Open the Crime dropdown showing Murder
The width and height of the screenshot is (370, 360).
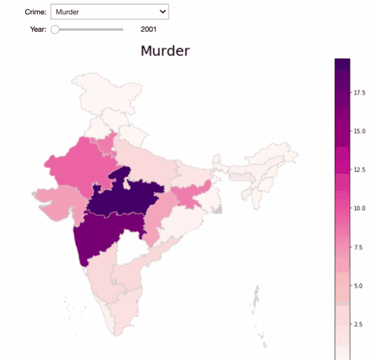coord(109,12)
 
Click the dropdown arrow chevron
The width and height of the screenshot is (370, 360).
coord(162,12)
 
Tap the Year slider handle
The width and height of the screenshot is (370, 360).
coord(55,30)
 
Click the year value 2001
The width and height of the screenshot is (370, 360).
coord(148,30)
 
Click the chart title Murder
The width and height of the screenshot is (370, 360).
coord(165,51)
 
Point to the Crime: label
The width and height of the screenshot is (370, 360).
coord(35,12)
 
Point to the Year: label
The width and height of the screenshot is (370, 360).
coord(38,30)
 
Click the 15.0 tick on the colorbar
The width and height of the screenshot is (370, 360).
coord(359,131)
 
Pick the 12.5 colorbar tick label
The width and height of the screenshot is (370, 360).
coord(359,170)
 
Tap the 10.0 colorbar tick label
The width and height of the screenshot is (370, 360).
coord(359,208)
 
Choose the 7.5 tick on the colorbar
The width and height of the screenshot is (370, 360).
coord(360,247)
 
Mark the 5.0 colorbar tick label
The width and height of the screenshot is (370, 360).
coord(360,285)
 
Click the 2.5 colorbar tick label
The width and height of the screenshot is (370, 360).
coord(360,324)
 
